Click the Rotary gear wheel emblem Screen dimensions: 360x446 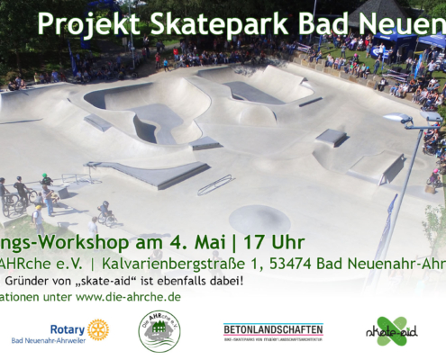(x=98, y=329)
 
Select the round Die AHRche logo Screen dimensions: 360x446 (x=159, y=330)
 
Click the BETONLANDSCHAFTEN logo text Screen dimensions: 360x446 (x=273, y=329)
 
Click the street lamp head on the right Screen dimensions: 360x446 (x=396, y=120)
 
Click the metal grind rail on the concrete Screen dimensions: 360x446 (x=214, y=184)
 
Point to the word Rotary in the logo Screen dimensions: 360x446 (x=68, y=329)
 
